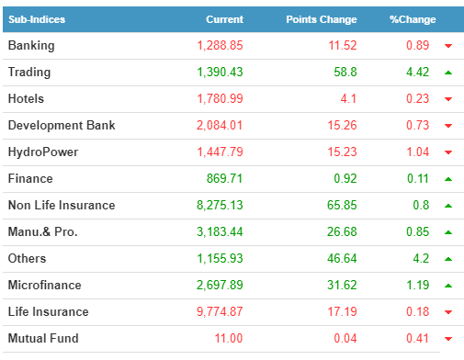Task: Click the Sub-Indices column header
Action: pyautogui.click(x=37, y=19)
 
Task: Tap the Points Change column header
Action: pyautogui.click(x=322, y=19)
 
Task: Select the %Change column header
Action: pyautogui.click(x=413, y=19)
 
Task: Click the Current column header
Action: pyautogui.click(x=224, y=19)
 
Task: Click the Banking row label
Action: pyautogui.click(x=31, y=46)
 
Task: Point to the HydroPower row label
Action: pyautogui.click(x=43, y=152)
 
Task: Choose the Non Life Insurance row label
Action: pyautogui.click(x=62, y=205)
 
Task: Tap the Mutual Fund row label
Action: pyautogui.click(x=43, y=338)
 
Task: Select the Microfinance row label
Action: pyautogui.click(x=45, y=285)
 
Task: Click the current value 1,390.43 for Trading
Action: pyautogui.click(x=220, y=73)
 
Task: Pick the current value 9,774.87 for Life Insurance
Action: pyautogui.click(x=220, y=311)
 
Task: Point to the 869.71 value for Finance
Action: pyautogui.click(x=224, y=178)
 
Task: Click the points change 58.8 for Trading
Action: pyautogui.click(x=345, y=73)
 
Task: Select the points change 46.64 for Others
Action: pyautogui.click(x=342, y=258)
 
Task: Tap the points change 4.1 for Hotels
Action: pyautogui.click(x=348, y=98)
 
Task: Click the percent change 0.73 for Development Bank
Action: pyautogui.click(x=417, y=125)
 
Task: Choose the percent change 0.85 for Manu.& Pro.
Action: pyautogui.click(x=417, y=231)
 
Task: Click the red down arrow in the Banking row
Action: pyautogui.click(x=448, y=46)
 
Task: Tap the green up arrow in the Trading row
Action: pyautogui.click(x=448, y=73)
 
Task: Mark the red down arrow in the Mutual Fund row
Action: pyautogui.click(x=448, y=339)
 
